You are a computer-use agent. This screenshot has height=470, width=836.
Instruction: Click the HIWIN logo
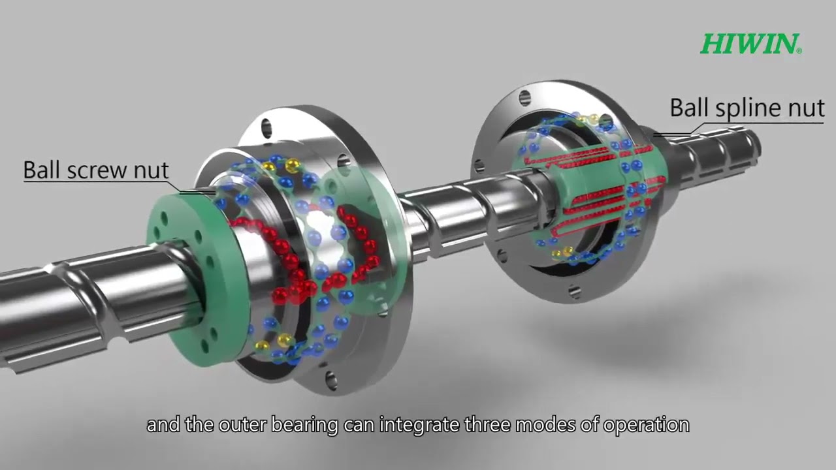(750, 44)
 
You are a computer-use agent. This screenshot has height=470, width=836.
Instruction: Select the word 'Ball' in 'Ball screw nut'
(40, 170)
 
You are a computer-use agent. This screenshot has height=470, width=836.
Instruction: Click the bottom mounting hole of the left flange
(332, 378)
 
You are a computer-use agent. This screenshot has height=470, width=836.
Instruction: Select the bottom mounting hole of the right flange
(575, 291)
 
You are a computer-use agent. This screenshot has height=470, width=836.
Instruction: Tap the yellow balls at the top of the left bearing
(281, 165)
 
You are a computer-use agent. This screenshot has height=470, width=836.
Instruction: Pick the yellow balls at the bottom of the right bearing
(564, 252)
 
